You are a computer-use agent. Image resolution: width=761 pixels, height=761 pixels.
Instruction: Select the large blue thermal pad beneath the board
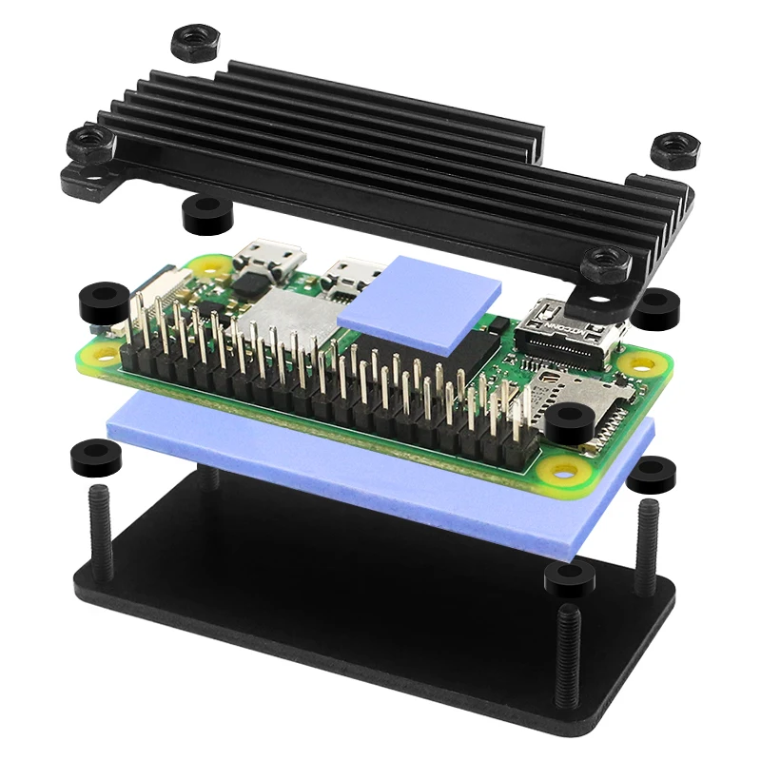click(x=380, y=476)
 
